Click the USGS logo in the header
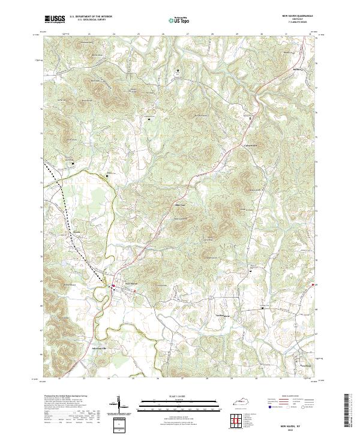(x=55, y=19)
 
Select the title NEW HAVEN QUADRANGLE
(x=296, y=17)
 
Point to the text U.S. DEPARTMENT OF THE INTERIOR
(x=91, y=17)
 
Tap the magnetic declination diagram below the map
(x=121, y=407)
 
